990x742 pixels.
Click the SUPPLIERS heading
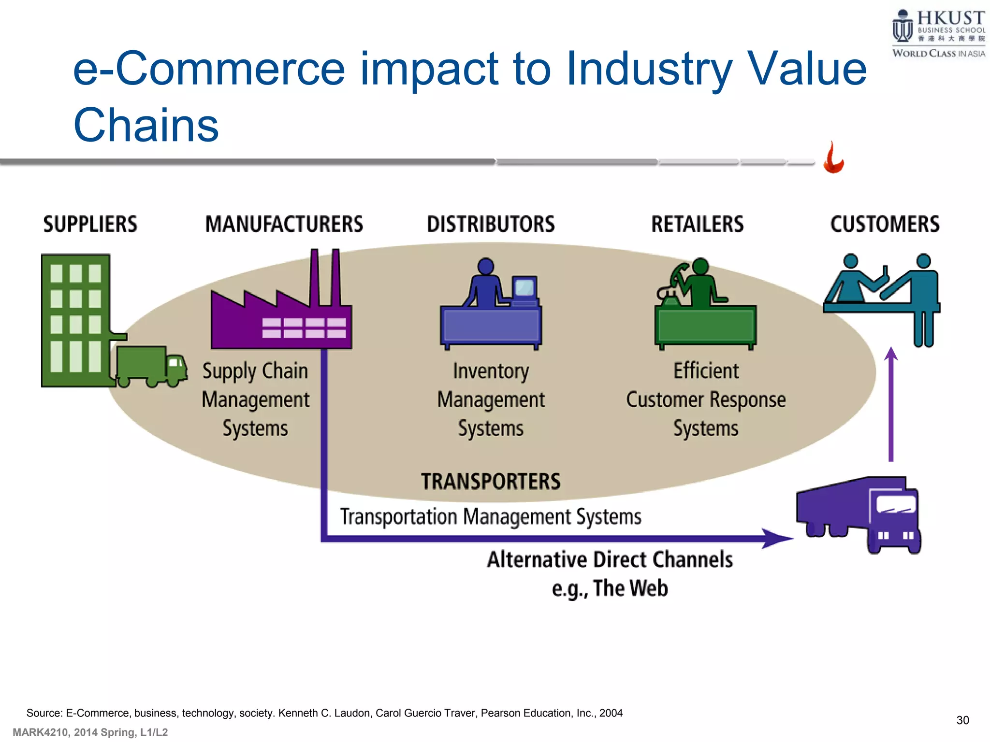pos(90,224)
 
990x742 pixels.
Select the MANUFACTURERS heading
pos(284,224)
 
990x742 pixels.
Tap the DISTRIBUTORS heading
pos(491,224)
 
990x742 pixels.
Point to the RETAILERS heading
pos(697,224)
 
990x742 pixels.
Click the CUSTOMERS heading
pos(885,224)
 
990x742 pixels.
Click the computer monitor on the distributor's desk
pos(524,288)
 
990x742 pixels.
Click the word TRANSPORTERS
pos(491,482)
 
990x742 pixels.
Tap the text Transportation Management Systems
pos(491,517)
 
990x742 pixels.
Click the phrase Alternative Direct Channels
pos(610,559)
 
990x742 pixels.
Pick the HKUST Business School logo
pos(938,34)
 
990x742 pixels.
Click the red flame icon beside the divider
pos(833,158)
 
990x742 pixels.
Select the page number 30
pos(962,720)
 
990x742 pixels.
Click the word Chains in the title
pos(146,125)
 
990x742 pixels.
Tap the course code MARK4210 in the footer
pos(41,732)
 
